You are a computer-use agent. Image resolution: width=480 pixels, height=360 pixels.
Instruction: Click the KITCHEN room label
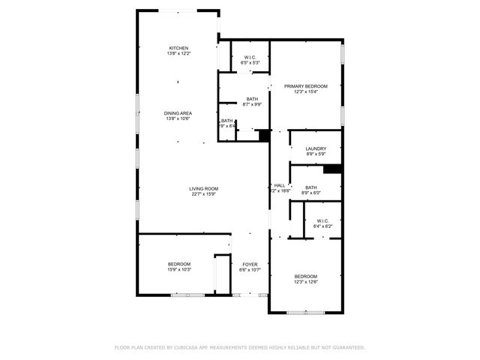tap(178, 48)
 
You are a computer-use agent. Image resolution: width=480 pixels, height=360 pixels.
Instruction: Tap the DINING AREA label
tap(178, 113)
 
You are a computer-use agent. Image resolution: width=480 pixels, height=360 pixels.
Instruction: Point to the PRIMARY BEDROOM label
tap(306, 86)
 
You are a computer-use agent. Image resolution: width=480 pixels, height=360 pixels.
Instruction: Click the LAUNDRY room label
tap(316, 148)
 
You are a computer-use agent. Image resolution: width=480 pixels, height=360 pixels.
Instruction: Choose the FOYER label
tap(250, 264)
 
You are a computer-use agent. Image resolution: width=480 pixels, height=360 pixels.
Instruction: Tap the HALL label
tap(280, 185)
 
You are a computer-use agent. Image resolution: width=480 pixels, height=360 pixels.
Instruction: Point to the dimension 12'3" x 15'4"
tap(306, 92)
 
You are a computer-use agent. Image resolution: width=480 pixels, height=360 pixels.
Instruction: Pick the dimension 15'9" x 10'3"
tap(178, 270)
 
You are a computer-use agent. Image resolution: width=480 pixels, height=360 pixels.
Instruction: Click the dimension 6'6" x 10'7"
tap(250, 270)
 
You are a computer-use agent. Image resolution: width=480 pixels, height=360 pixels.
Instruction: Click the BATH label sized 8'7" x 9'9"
tap(252, 99)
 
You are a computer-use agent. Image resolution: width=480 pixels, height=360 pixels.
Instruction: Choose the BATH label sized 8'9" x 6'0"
tap(310, 187)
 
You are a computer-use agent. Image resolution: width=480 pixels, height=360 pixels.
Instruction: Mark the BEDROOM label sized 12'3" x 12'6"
tap(306, 276)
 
